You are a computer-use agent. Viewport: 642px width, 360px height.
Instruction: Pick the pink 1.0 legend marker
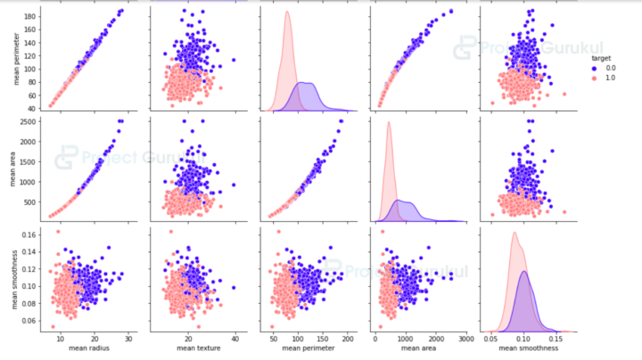click(x=591, y=78)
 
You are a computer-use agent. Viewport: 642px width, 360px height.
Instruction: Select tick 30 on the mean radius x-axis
click(x=129, y=340)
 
